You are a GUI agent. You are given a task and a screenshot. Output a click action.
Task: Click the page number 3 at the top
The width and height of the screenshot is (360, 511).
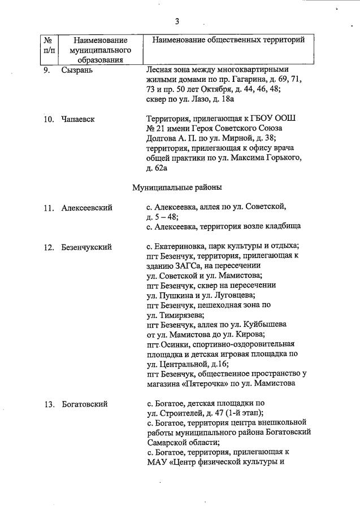[177, 21]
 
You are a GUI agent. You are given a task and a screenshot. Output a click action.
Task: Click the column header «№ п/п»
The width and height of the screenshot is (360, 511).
[49, 45]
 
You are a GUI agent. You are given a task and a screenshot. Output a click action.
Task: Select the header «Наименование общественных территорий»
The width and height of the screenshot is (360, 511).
[228, 40]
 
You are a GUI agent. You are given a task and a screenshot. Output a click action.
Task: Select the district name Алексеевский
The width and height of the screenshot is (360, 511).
[87, 208]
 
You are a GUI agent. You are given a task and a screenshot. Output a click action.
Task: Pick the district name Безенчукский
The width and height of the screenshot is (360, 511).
[86, 247]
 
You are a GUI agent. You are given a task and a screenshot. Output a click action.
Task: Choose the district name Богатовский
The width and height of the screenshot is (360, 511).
[85, 404]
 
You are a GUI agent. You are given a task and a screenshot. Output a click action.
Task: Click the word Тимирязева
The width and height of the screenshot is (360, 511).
[180, 315]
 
